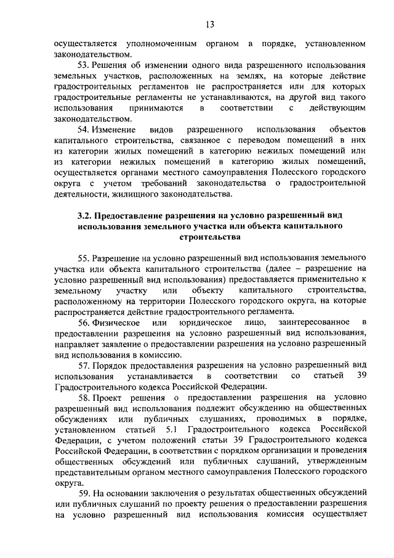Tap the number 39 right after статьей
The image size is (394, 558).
(x=361, y=376)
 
